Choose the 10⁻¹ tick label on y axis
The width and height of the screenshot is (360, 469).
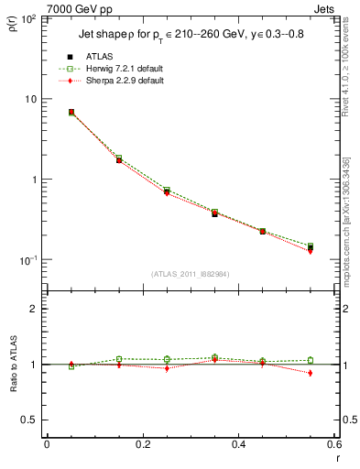(x=27, y=260)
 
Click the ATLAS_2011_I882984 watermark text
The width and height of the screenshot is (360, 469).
(x=190, y=274)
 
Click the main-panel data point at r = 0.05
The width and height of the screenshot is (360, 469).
(x=71, y=112)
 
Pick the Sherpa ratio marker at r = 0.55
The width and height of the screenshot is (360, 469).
(x=311, y=373)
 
